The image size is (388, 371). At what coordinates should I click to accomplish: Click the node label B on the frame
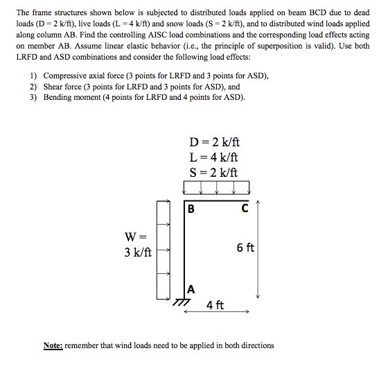(191, 207)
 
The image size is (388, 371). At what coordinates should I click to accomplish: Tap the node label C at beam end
(245, 207)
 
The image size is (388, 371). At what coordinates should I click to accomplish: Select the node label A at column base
(191, 288)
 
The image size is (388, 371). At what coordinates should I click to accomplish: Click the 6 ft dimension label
(246, 248)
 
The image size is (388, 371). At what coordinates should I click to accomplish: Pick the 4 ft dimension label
(215, 305)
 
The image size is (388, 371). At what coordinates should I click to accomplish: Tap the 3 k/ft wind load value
(138, 253)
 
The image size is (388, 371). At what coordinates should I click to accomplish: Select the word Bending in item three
(60, 98)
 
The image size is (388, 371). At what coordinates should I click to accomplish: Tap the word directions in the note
(255, 345)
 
